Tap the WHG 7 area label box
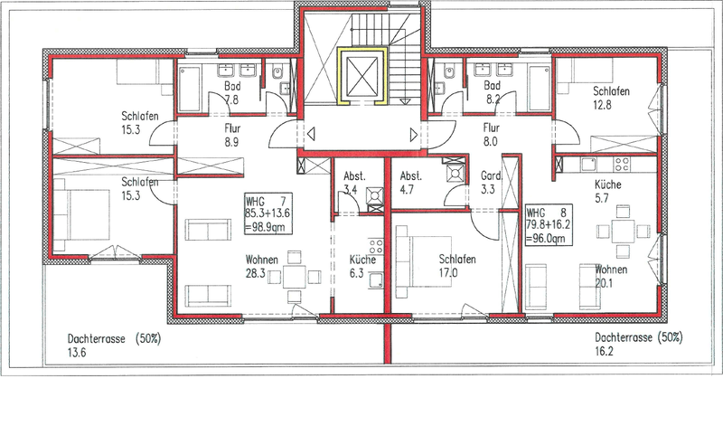(268, 213)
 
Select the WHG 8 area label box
(549, 225)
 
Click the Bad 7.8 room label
(232, 92)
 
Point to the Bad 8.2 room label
(492, 92)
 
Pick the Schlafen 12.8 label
(611, 98)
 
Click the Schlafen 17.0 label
(456, 266)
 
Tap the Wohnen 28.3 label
(261, 266)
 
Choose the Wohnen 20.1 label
(611, 276)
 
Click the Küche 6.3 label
(362, 266)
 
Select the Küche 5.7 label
(607, 191)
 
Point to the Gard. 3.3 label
(491, 183)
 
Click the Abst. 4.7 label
(410, 183)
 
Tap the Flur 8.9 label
(232, 135)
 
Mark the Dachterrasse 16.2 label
(639, 344)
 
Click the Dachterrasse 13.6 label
(115, 346)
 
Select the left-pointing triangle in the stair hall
(311, 135)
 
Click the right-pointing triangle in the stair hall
(414, 135)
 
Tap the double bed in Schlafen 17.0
(424, 261)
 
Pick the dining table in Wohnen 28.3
(295, 277)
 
